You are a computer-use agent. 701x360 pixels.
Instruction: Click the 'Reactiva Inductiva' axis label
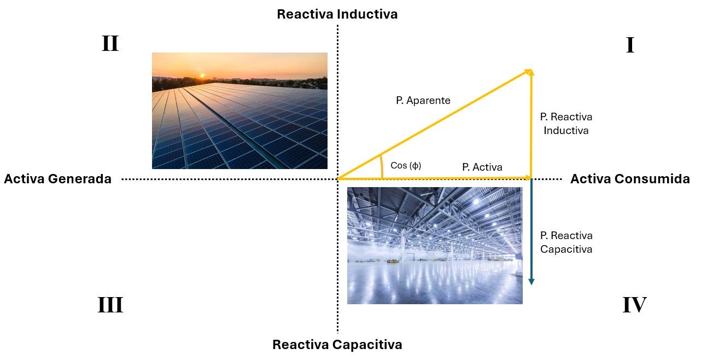[x=337, y=14]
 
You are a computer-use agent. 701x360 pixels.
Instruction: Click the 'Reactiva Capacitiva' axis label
[x=337, y=345]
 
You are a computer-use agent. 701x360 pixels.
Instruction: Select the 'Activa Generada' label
[x=57, y=179]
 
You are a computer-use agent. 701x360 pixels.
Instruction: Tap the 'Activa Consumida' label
[x=630, y=179]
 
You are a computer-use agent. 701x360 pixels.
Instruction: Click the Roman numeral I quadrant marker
[x=630, y=45]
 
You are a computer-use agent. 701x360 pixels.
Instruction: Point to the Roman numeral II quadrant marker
[x=110, y=44]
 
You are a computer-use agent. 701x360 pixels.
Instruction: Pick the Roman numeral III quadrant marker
[x=110, y=305]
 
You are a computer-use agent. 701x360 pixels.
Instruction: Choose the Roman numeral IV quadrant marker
[x=634, y=305]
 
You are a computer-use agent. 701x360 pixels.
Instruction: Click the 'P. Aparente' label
[x=423, y=101]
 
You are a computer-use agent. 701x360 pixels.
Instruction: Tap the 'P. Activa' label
[x=482, y=167]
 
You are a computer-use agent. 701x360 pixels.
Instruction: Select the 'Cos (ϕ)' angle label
[x=406, y=165]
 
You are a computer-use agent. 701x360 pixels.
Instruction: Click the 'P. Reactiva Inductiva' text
[x=566, y=124]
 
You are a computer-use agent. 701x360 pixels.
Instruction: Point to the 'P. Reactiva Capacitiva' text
[x=566, y=242]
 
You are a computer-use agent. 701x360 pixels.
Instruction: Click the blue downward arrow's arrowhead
[x=531, y=281]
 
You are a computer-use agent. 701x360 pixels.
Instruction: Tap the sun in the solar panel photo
[x=202, y=76]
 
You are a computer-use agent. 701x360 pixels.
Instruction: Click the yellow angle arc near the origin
[x=382, y=166]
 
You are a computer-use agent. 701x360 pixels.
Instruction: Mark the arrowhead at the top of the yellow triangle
[x=530, y=72]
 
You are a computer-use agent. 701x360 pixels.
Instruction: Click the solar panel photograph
[x=239, y=111]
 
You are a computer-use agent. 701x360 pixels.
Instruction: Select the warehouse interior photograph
[x=435, y=246]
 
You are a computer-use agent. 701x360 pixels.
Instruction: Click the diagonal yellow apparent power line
[x=434, y=125]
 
